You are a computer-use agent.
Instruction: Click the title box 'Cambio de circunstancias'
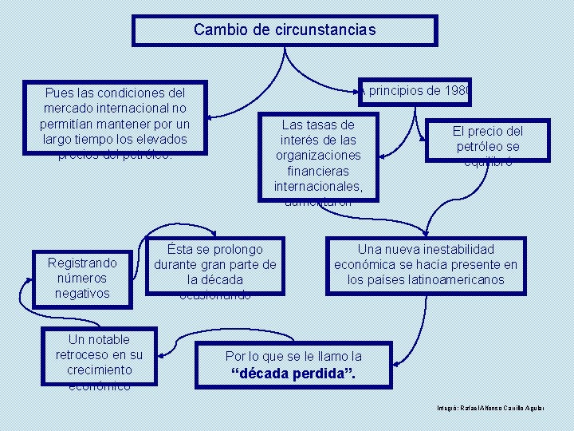pyautogui.click(x=285, y=30)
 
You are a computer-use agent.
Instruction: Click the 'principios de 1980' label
pyautogui.click(x=416, y=90)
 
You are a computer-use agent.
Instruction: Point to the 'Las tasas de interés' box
pyautogui.click(x=318, y=156)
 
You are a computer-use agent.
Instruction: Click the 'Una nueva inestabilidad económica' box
pyautogui.click(x=425, y=264)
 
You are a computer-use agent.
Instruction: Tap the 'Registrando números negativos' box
pyautogui.click(x=82, y=278)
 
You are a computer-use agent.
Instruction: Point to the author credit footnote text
pyautogui.click(x=490, y=408)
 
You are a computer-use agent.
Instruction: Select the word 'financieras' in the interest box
pyautogui.click(x=318, y=171)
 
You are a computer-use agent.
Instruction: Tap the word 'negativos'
pyautogui.click(x=82, y=293)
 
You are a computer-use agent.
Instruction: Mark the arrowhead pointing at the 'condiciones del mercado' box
pyautogui.click(x=214, y=115)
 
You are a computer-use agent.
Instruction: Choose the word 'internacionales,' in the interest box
pyautogui.click(x=318, y=186)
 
